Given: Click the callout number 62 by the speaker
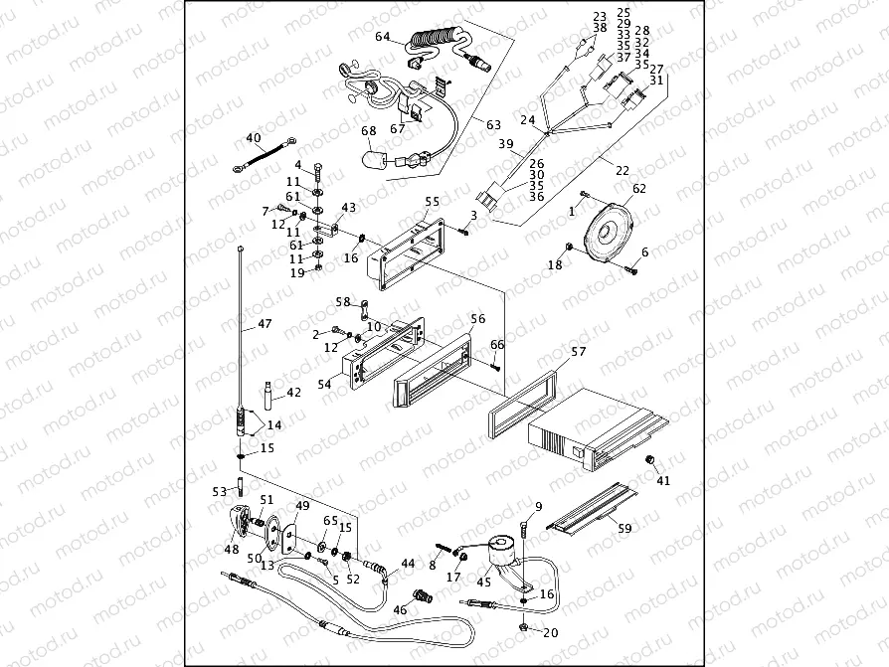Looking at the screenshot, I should point(638,188).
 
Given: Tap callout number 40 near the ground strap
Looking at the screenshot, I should point(253,138).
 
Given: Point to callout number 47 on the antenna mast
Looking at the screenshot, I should point(264,324).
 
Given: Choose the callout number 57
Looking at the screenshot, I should point(579,352).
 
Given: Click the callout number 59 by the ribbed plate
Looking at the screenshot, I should point(624,529).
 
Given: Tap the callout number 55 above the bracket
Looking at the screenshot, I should point(432,201).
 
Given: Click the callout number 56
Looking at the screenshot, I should point(477,319).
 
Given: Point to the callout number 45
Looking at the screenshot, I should point(484,583).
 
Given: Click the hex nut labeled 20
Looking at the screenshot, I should point(523,628).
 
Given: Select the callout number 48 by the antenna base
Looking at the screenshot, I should point(231,549).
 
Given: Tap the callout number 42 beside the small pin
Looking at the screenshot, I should point(293,393).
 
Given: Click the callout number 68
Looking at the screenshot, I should point(369,131).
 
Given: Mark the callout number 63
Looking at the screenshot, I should point(493,124).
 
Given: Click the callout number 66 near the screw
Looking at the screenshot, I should point(497,345).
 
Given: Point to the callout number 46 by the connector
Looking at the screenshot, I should point(401,609).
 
